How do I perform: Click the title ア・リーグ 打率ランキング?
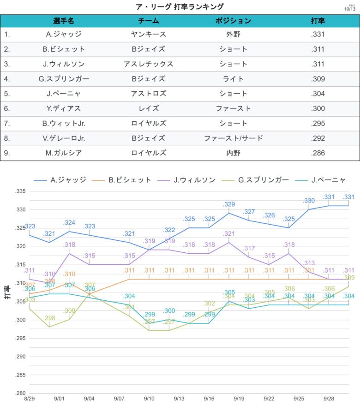(180, 6)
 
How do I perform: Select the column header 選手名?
(64, 21)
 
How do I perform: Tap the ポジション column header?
(233, 21)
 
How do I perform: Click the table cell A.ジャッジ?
(64, 34)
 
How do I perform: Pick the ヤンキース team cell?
(148, 34)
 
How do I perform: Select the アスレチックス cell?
(148, 64)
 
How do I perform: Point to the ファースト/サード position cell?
(233, 138)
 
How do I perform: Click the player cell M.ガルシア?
(64, 153)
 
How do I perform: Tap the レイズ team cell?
(148, 108)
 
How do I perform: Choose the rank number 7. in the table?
(7, 124)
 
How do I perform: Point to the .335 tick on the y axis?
(20, 191)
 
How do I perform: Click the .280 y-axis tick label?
(20, 393)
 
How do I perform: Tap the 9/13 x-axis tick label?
(179, 398)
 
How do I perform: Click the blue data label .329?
(229, 204)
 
